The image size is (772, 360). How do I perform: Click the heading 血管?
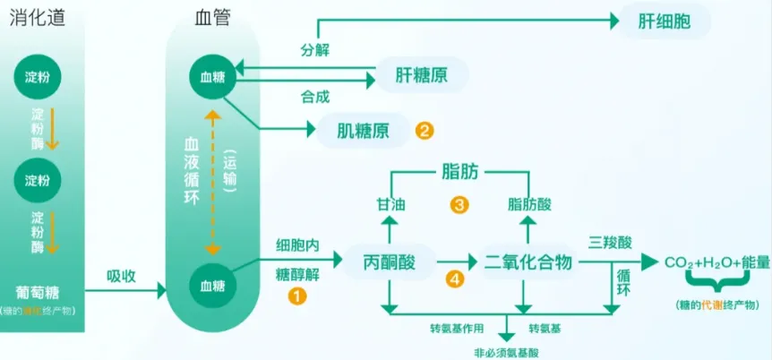pos(212,17)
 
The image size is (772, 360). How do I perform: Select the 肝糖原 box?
pos(421,76)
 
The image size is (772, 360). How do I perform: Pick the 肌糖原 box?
pos(362,131)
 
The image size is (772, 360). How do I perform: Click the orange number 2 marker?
pos(425,131)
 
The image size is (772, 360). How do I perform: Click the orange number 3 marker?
pos(459,205)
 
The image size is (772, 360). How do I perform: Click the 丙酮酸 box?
pos(390,261)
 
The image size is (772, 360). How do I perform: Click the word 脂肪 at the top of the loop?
pos(459,169)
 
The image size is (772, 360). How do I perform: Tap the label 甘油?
pos(390,205)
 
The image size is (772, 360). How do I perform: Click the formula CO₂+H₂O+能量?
pos(716,262)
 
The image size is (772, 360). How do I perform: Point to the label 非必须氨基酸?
pos(509,351)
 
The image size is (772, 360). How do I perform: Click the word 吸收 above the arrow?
pos(121,275)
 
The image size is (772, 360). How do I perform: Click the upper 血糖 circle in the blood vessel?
pos(212,76)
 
